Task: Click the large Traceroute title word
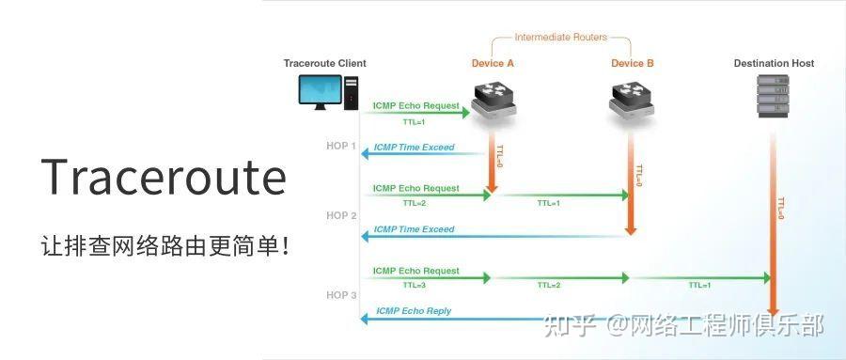tap(164, 178)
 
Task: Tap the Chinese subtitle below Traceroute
tap(164, 247)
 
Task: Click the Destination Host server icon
tap(773, 97)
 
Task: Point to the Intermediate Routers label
tap(560, 38)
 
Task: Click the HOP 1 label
tap(341, 146)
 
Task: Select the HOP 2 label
tap(341, 215)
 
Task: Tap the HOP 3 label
tap(341, 295)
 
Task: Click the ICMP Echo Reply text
tap(414, 311)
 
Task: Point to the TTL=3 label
tap(415, 285)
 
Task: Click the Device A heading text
tap(493, 64)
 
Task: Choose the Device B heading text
tap(633, 64)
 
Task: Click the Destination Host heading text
tap(774, 64)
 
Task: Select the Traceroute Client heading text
tap(324, 64)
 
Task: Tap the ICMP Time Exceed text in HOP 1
tap(414, 148)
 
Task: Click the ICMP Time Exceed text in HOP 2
tap(414, 229)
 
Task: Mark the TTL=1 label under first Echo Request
tap(414, 121)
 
